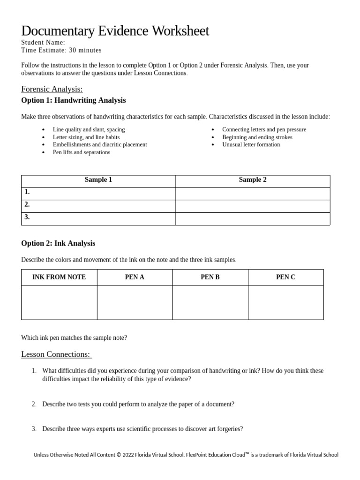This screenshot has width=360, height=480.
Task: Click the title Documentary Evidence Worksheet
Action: (x=115, y=31)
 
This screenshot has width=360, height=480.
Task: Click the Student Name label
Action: (x=43, y=42)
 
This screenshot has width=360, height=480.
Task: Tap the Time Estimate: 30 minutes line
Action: (x=61, y=50)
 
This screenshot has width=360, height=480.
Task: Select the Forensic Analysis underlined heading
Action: (x=52, y=89)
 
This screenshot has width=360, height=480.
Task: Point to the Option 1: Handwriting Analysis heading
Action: (x=73, y=100)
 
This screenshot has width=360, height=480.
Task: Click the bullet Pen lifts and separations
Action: (x=82, y=152)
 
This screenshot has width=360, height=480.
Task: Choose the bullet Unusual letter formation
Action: (x=251, y=145)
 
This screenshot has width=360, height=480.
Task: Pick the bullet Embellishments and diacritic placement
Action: (x=100, y=145)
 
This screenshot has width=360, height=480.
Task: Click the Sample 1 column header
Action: (x=98, y=180)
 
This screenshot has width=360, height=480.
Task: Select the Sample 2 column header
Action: (x=253, y=180)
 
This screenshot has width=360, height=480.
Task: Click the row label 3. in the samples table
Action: (x=27, y=217)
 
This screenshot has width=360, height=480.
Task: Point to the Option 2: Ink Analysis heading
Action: (x=58, y=243)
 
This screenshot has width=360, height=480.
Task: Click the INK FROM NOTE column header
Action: (x=59, y=277)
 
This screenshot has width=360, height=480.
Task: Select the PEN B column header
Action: (x=210, y=277)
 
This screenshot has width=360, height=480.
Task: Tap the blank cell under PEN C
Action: (x=285, y=302)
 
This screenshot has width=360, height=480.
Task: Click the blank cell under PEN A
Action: (x=135, y=302)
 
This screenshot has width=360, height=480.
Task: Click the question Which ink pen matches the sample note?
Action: (x=74, y=337)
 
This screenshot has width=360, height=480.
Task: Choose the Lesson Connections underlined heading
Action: (x=56, y=354)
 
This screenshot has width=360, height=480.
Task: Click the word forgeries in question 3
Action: (x=231, y=429)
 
